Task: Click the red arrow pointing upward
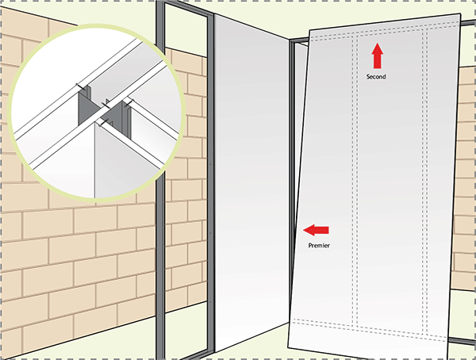click(x=377, y=56)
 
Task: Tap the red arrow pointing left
click(x=316, y=231)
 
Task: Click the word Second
click(x=376, y=77)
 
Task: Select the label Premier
click(x=319, y=246)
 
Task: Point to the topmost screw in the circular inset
click(x=81, y=87)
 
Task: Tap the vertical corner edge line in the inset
click(x=94, y=161)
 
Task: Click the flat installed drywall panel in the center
click(x=251, y=182)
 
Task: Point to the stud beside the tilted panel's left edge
click(x=292, y=182)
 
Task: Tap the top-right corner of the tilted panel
click(x=460, y=13)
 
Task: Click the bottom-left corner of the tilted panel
click(x=288, y=347)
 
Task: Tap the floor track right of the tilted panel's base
click(x=462, y=341)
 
